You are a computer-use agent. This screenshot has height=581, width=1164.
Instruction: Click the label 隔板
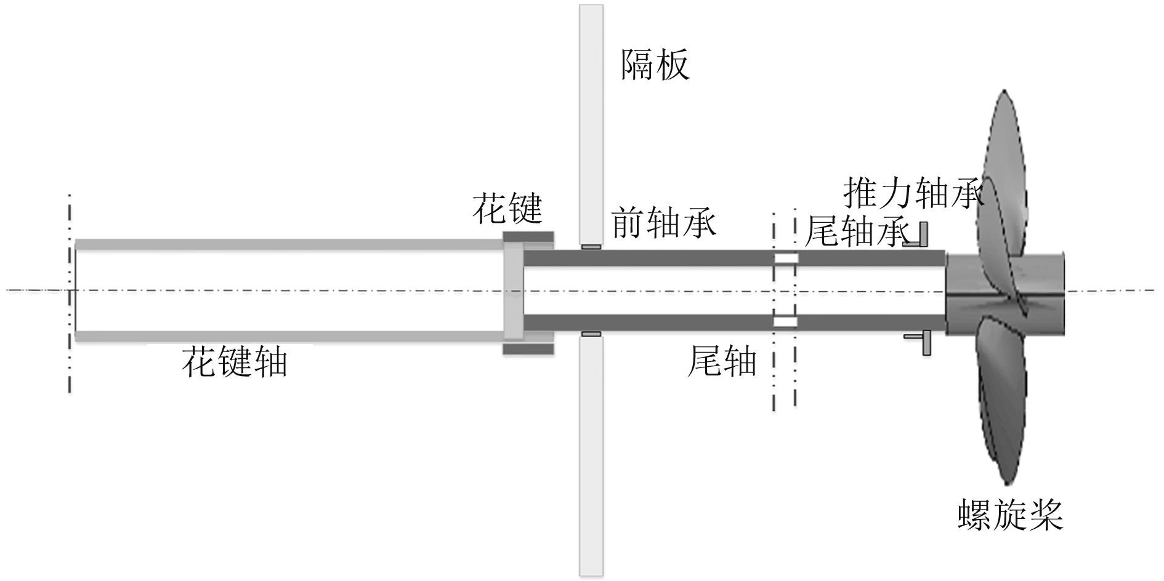point(654,65)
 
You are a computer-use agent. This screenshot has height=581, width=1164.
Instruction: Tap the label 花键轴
point(235,361)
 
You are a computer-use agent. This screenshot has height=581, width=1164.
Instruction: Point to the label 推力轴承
point(913,193)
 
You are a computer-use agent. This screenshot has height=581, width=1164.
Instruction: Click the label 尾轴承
point(857,231)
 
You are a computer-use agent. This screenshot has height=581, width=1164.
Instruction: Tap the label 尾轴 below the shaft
point(721,361)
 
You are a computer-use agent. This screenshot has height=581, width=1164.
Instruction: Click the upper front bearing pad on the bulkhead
point(591,247)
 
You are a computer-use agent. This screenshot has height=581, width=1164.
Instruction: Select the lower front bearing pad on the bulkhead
point(591,334)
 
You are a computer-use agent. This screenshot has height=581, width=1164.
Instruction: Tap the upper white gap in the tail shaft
point(786,258)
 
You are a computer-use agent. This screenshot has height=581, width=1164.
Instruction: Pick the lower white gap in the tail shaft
point(786,321)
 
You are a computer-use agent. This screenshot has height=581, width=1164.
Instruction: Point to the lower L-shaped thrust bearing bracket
point(920,342)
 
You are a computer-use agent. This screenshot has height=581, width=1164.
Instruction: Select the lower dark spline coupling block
point(528,349)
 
